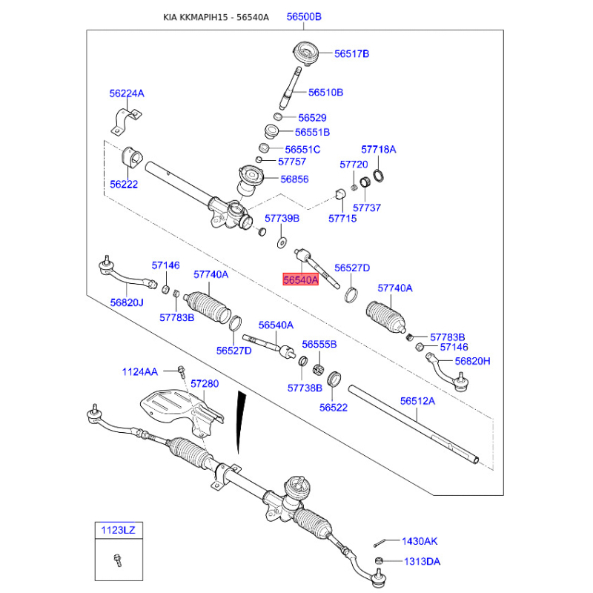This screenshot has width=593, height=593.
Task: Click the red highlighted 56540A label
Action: pos(299,280)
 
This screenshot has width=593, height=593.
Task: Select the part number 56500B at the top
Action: pos(304,16)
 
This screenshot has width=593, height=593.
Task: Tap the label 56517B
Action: pos(351,53)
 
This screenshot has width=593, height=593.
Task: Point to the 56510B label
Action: pos(325,93)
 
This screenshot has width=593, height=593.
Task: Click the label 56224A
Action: pos(127,93)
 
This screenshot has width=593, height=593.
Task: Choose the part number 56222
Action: pos(124,185)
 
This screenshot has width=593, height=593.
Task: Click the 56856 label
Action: pos(295,179)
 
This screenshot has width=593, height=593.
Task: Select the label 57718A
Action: pos(378,150)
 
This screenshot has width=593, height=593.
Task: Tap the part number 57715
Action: pos(342,219)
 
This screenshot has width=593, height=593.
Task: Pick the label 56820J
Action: pos(127,302)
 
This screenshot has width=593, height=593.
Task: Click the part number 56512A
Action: pos(417,401)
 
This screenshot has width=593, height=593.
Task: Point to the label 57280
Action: pos(205,384)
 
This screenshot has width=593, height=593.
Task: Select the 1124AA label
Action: pos(140,371)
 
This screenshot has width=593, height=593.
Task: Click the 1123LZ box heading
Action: pos(119,530)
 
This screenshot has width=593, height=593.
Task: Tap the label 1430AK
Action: pos(420,542)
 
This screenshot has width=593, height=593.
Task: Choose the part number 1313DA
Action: pos(420,561)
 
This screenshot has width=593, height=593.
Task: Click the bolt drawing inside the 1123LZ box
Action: pos(118,560)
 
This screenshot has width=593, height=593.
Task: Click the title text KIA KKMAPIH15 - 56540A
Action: pos(216,16)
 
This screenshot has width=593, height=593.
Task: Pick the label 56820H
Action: pos(472,361)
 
